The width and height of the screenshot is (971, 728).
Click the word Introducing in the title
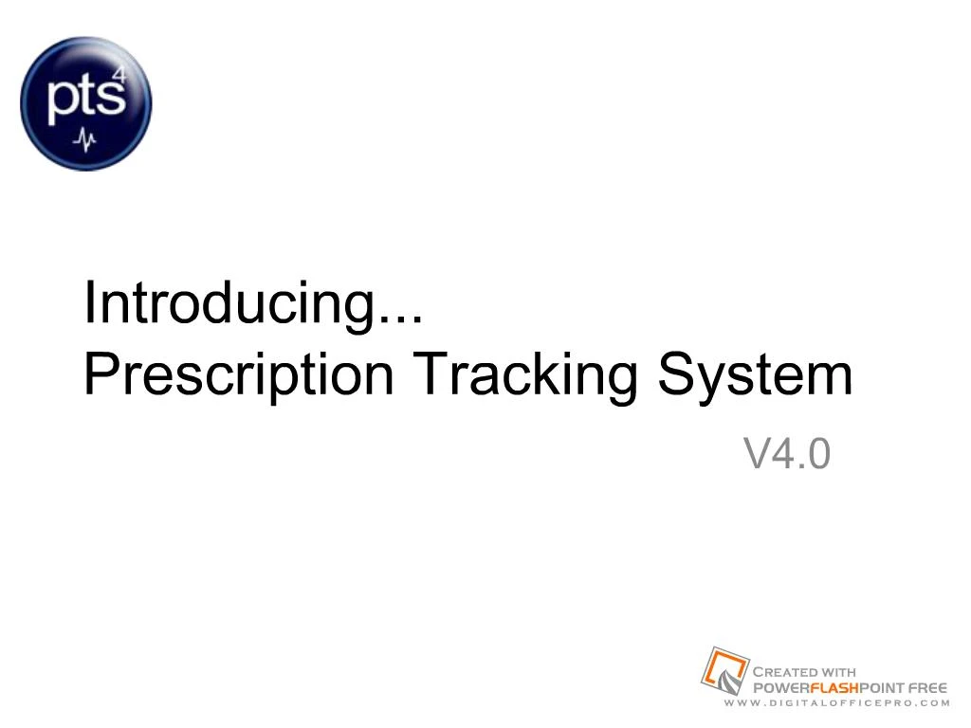pyautogui.click(x=224, y=303)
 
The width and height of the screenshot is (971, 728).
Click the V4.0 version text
pyautogui.click(x=787, y=454)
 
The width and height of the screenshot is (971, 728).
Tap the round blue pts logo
pyautogui.click(x=86, y=103)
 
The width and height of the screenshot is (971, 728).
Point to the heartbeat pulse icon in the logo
pyautogui.click(x=86, y=140)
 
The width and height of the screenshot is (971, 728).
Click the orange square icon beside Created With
pyautogui.click(x=724, y=670)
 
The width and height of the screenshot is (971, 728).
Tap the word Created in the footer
pyautogui.click(x=786, y=672)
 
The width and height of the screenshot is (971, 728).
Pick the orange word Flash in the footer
pyautogui.click(x=832, y=687)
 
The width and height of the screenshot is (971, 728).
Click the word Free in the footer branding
pyautogui.click(x=928, y=687)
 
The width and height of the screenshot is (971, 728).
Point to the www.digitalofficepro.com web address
pyautogui.click(x=835, y=703)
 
